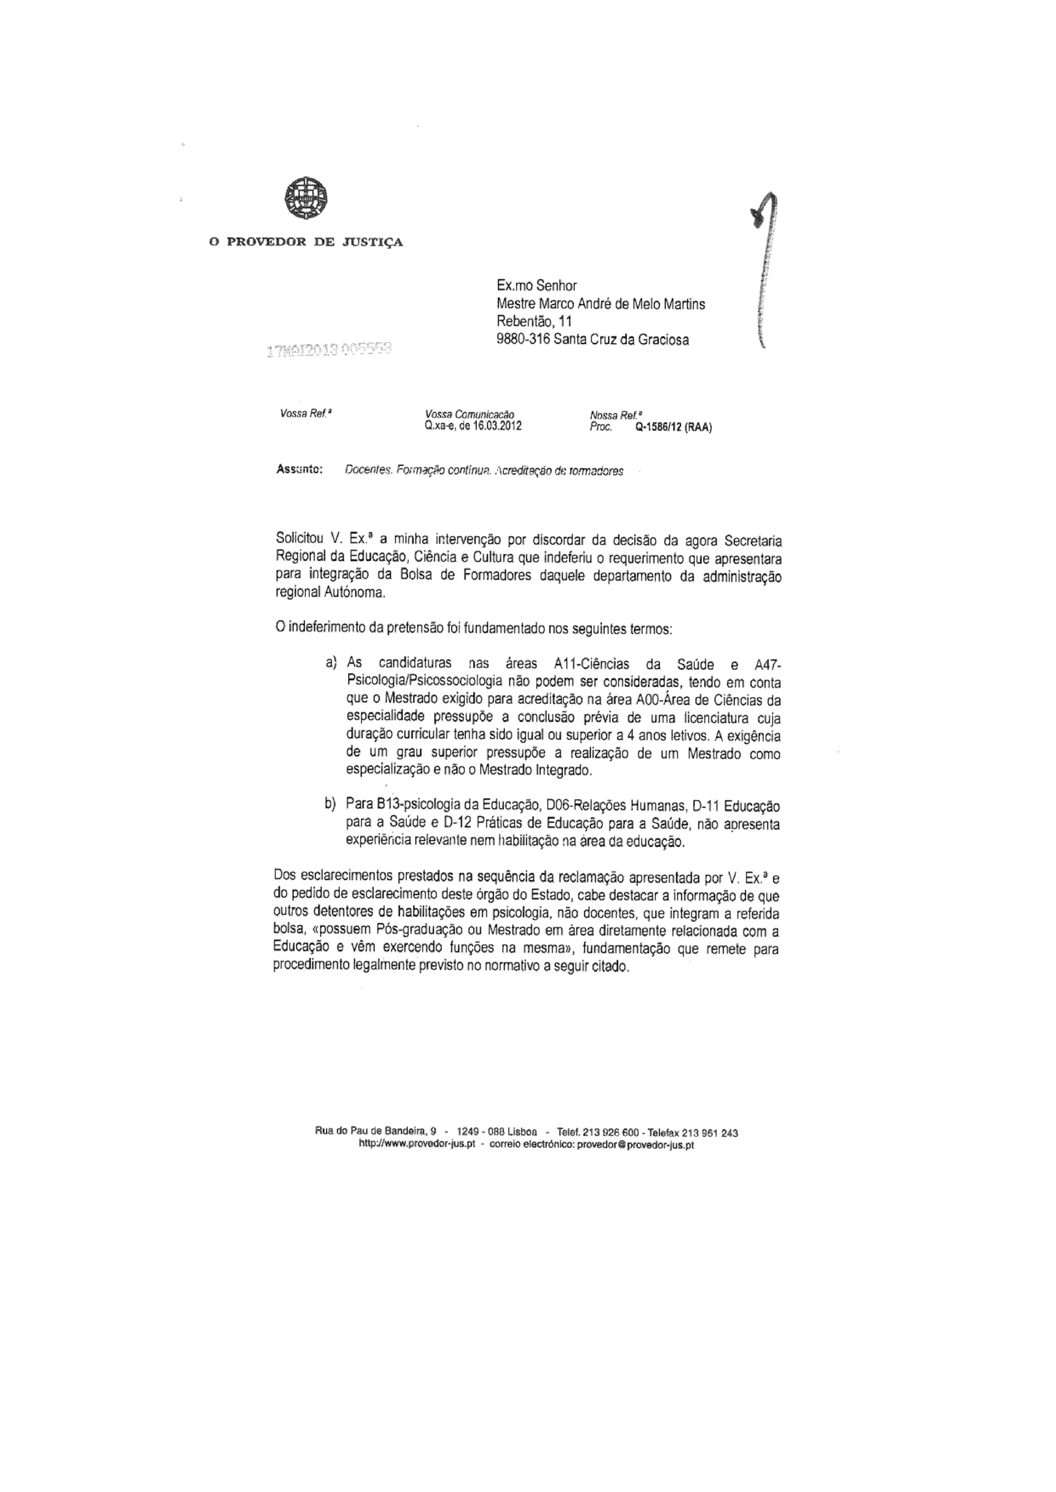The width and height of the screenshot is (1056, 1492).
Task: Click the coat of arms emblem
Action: [x=306, y=199]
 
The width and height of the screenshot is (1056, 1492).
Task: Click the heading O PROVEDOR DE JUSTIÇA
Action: [x=306, y=242]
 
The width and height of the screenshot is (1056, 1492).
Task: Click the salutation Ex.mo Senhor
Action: [x=536, y=285]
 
